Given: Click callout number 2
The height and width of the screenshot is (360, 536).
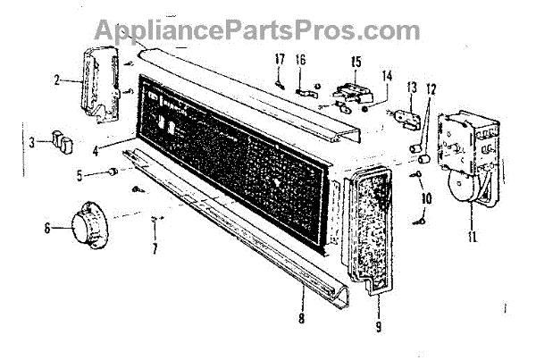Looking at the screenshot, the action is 56,80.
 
